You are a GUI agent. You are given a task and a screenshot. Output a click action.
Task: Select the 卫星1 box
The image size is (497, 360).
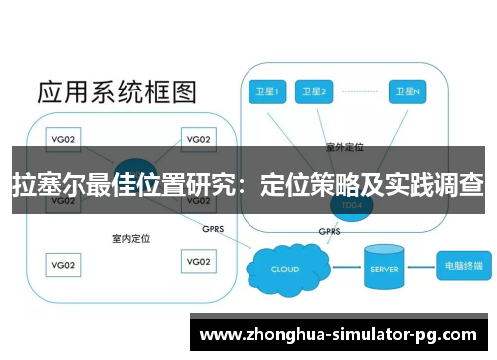coord(265,92)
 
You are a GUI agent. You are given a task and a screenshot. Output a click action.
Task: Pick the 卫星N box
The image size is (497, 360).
coord(408,92)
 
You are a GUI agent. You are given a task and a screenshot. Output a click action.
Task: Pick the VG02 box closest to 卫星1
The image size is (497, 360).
coord(199,139)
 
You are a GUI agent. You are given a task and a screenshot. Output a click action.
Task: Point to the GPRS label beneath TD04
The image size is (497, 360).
coord(329,232)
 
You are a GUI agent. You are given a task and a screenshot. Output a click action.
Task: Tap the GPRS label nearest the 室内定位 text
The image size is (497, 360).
coord(212,227)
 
